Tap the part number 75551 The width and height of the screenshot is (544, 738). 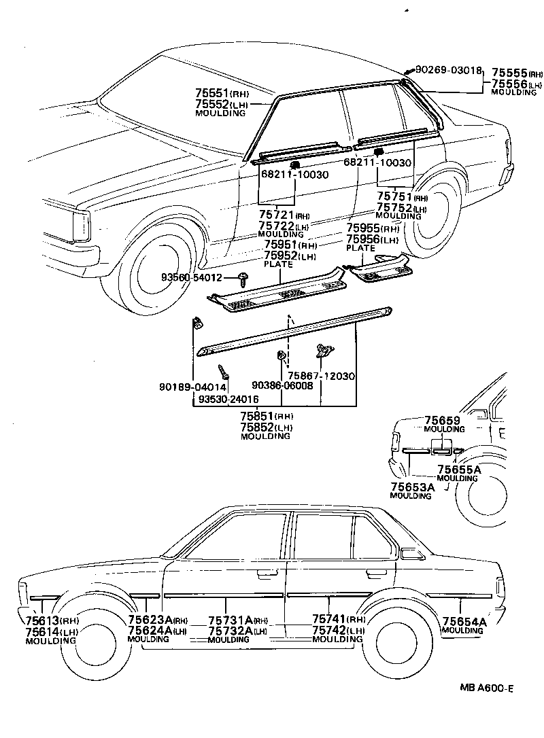[211, 94]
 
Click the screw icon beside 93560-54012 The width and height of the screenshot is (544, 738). [243, 275]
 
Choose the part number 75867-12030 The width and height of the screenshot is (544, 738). [321, 376]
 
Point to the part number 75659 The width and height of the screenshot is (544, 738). [443, 421]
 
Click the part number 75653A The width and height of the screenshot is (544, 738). [412, 487]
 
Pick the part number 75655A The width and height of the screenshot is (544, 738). [458, 469]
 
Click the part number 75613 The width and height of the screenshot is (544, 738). [42, 621]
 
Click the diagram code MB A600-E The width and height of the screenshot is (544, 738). [485, 688]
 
